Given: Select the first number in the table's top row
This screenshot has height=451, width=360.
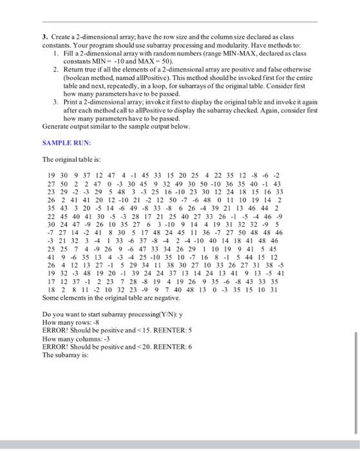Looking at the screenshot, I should [x=52, y=174].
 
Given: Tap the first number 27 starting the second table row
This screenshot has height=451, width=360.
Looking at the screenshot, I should [x=52, y=182].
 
